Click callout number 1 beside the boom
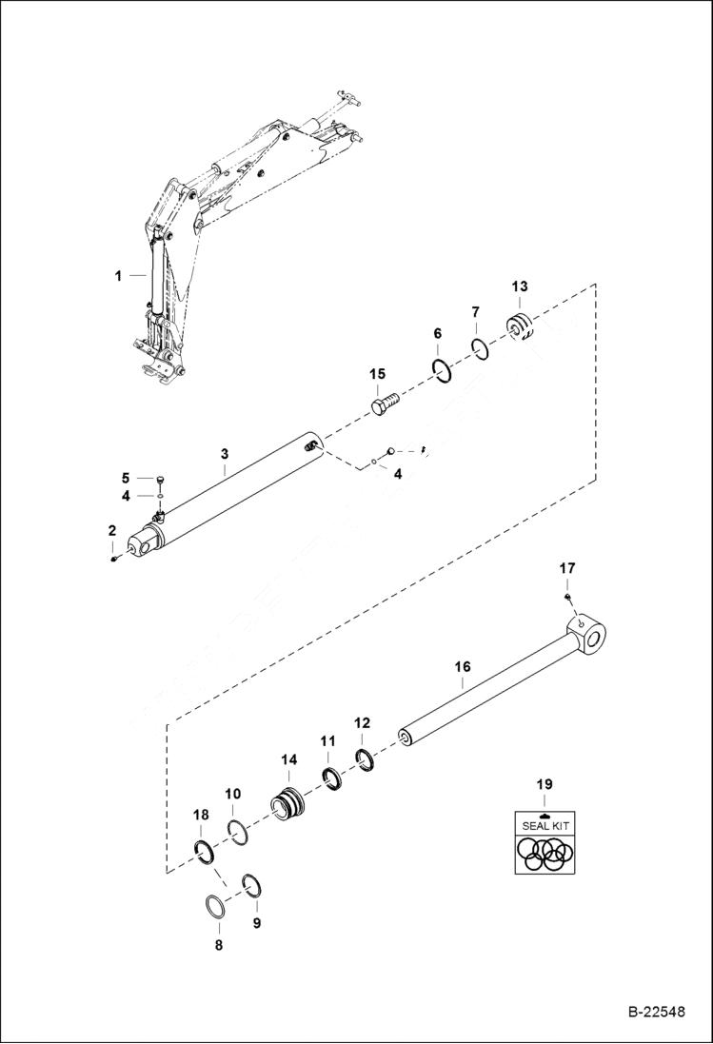[118, 276]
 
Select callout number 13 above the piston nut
[519, 286]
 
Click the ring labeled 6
[442, 369]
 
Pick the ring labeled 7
[481, 348]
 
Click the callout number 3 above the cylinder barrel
[224, 469]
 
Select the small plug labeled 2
[113, 559]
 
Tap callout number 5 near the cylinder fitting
[125, 477]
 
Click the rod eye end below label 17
[589, 635]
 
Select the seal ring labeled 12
[364, 758]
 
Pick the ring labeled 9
[252, 885]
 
